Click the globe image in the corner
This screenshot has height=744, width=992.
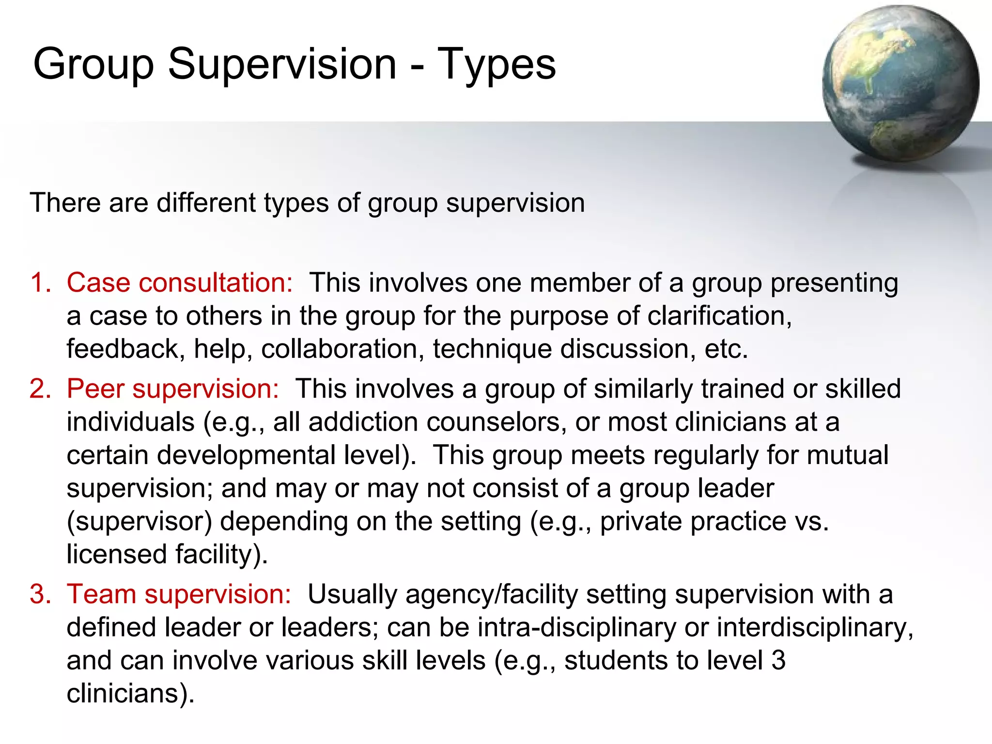pyautogui.click(x=900, y=83)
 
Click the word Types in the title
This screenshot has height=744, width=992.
pyautogui.click(x=496, y=64)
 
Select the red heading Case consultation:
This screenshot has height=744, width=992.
pyautogui.click(x=179, y=282)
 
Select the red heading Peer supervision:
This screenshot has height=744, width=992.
pyautogui.click(x=172, y=388)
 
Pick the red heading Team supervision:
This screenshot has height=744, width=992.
pyautogui.click(x=178, y=594)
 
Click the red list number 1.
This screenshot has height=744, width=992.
pyautogui.click(x=40, y=282)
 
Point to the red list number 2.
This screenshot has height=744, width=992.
pyautogui.click(x=40, y=388)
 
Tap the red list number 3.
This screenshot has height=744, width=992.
pyautogui.click(x=40, y=594)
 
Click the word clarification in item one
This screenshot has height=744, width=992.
pyautogui.click(x=719, y=316)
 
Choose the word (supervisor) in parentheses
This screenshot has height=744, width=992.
pyautogui.click(x=139, y=522)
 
